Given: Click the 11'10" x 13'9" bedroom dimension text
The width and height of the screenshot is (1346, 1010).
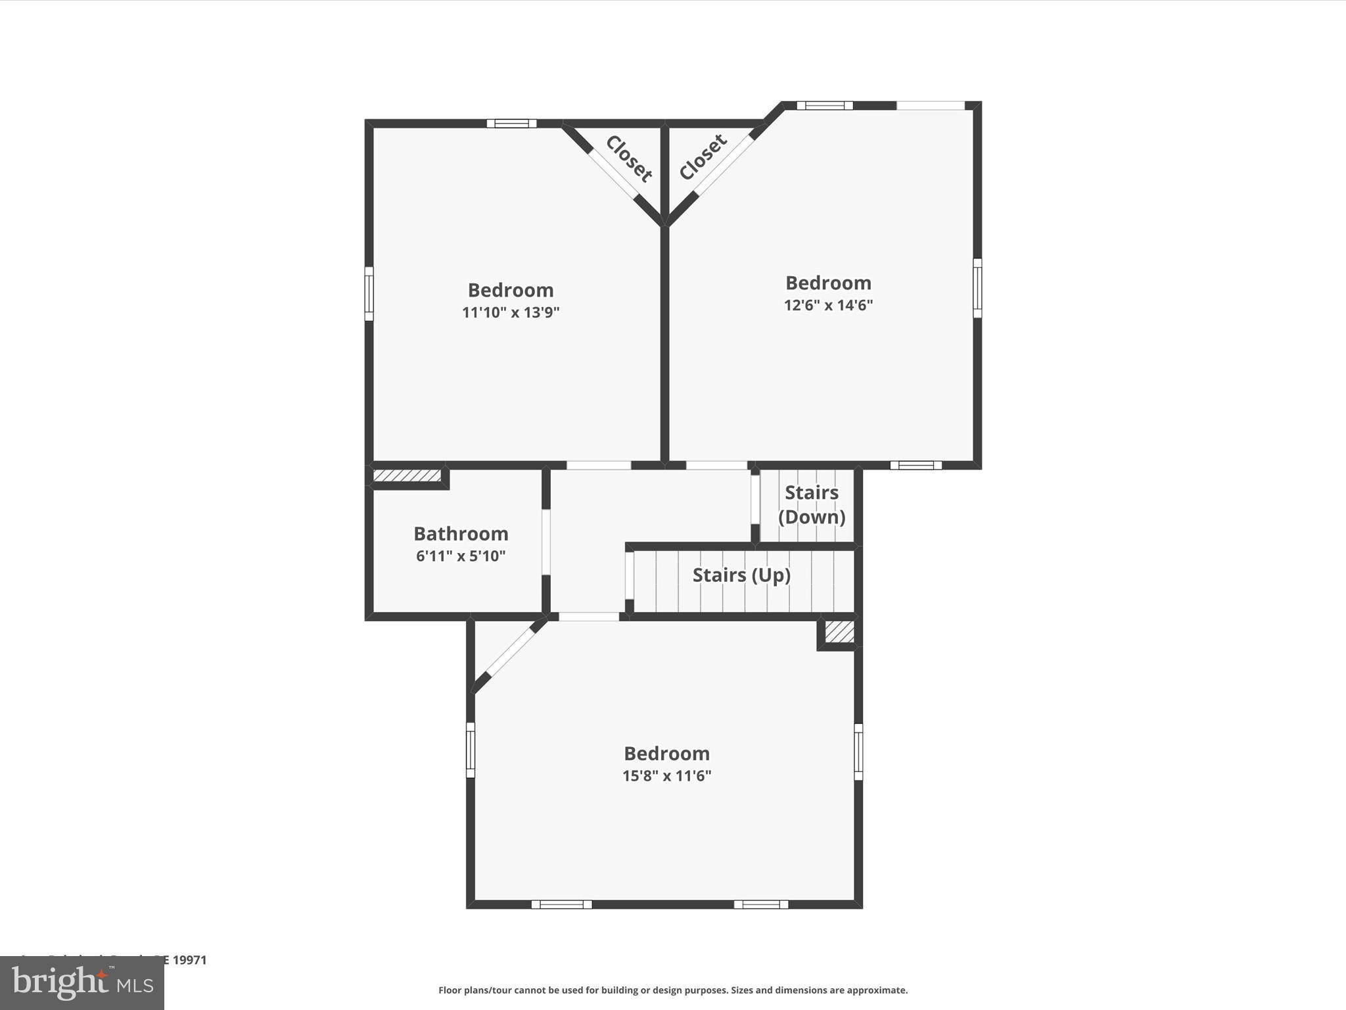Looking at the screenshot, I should pos(511,312).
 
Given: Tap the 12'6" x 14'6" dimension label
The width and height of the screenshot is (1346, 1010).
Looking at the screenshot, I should pos(828,305).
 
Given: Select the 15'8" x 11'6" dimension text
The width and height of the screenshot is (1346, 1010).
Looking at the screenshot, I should pos(666,776).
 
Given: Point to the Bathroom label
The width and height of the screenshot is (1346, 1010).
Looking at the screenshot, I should pos(461,533).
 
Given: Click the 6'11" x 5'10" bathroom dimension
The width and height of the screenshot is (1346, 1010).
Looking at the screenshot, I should pos(461,556).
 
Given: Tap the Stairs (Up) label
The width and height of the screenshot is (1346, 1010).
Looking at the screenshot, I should pos(741,575).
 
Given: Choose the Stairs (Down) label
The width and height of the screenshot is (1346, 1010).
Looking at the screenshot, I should pos(812,505).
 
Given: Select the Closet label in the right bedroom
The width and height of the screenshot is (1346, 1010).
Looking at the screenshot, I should pos(703,157).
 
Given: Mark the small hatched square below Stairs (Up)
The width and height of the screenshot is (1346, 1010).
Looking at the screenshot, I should pos(839,632).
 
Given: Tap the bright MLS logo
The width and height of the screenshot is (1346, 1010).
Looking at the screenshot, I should pos(82,983).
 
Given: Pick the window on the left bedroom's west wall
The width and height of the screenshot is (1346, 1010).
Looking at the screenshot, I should pos(369,293).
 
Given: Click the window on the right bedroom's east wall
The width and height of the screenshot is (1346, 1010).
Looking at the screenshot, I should pos(977,288).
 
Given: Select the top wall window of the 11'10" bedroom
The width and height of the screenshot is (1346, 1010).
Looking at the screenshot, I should pos(511,124).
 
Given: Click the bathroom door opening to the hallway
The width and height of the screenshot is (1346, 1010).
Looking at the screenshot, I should pos(545,541).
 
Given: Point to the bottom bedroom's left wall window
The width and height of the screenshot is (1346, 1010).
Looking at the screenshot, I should pos(471,750).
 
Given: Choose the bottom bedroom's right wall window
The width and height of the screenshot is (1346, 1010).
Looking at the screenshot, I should pos(858,752).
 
